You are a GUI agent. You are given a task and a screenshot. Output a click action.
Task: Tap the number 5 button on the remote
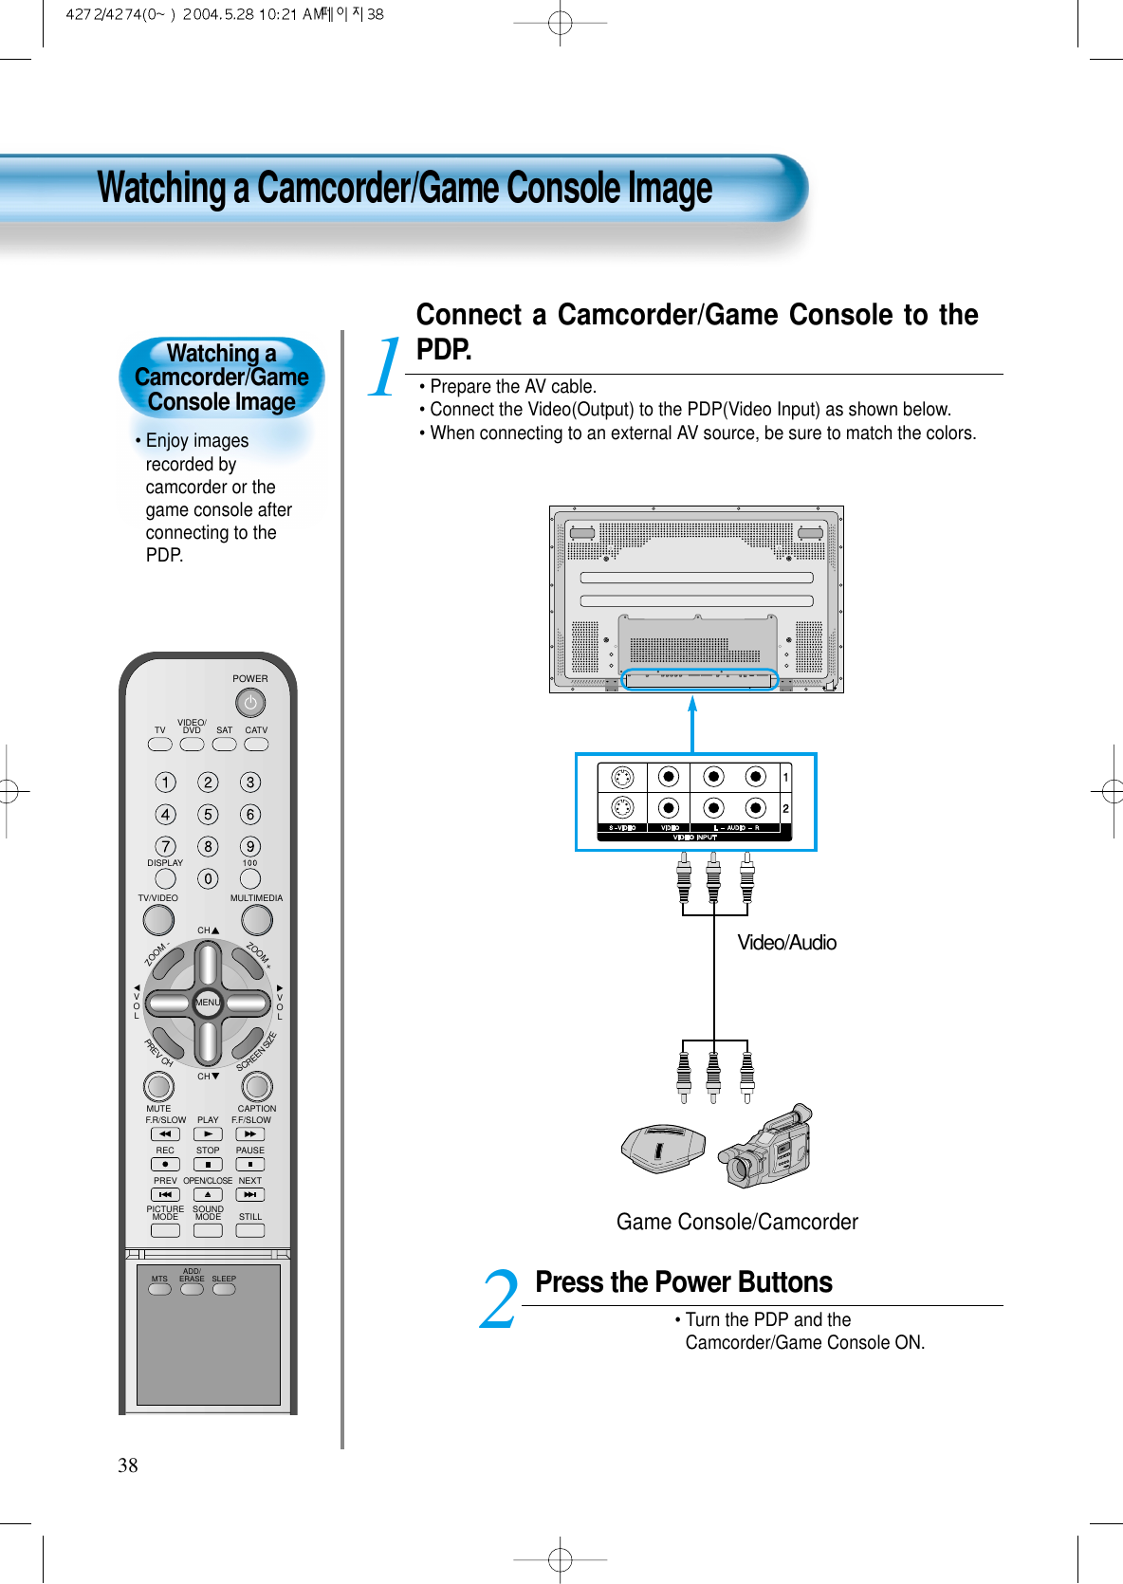(x=208, y=815)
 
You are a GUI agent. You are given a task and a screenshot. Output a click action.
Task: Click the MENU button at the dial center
(x=208, y=1003)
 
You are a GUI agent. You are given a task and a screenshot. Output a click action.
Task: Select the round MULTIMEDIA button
(x=257, y=920)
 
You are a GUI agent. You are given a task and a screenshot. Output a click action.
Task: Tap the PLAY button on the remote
(x=208, y=1134)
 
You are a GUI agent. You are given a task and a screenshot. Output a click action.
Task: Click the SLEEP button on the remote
(x=224, y=1289)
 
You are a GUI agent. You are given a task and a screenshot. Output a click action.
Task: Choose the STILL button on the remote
(x=250, y=1230)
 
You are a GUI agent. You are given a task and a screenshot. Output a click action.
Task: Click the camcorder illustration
(x=766, y=1148)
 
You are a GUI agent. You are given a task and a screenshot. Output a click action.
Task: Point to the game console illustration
(x=662, y=1149)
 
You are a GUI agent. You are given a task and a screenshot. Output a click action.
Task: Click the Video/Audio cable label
(x=786, y=943)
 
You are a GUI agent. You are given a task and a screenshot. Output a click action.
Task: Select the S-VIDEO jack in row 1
(x=622, y=778)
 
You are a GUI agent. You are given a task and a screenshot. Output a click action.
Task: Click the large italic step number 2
(x=499, y=1300)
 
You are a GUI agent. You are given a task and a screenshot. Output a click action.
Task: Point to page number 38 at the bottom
(x=128, y=1465)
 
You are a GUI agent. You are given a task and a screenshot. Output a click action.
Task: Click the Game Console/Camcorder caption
(x=737, y=1222)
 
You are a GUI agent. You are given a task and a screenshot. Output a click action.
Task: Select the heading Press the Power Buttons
(x=683, y=1282)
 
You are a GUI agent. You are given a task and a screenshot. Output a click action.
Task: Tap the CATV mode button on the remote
(x=256, y=745)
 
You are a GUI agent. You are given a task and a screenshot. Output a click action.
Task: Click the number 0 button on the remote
(x=208, y=879)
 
